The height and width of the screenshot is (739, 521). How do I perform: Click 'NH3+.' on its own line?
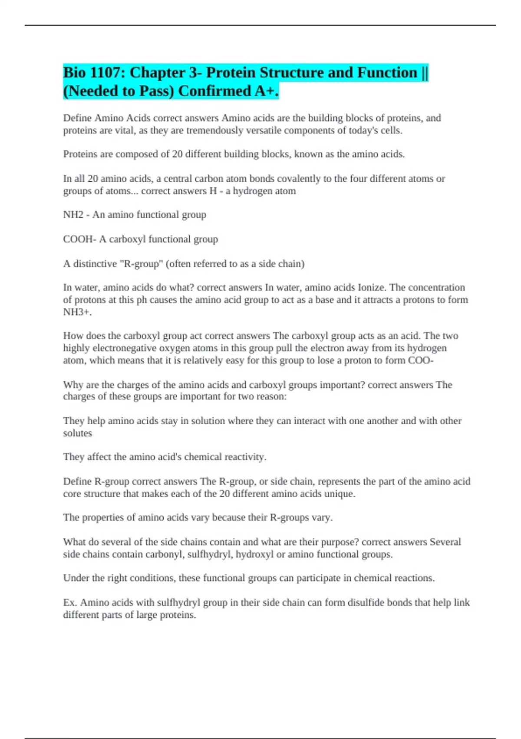[x=77, y=312]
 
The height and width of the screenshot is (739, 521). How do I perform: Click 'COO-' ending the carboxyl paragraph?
[x=421, y=360]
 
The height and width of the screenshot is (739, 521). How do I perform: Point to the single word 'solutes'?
[x=77, y=433]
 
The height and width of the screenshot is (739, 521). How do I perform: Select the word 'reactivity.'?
[x=245, y=457]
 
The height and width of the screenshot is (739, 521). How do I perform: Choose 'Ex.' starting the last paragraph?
[x=70, y=603]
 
